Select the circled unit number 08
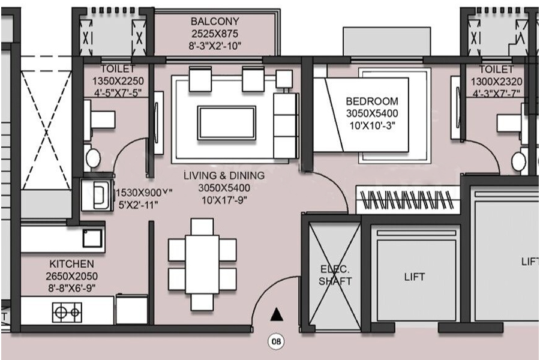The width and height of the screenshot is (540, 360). [276, 342]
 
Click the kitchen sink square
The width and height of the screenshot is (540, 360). [93, 238]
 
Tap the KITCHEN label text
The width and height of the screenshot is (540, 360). [72, 264]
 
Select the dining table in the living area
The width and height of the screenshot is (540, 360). [202, 264]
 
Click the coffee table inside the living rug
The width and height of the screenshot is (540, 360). [226, 122]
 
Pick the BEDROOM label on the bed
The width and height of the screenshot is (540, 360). [372, 101]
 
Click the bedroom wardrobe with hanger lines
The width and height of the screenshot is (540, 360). [408, 199]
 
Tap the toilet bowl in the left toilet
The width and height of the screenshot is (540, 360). [93, 158]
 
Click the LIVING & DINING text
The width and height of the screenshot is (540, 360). [224, 176]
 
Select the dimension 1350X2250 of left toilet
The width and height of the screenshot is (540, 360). [118, 81]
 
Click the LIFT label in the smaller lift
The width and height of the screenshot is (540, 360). [414, 277]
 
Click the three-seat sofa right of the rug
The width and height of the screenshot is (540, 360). [284, 125]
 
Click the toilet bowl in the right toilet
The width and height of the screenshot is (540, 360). [517, 161]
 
